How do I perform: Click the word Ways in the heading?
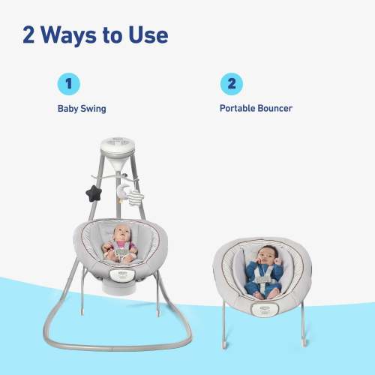coord(68,36)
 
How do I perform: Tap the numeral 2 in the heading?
coord(28,35)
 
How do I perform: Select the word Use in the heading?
coord(148,35)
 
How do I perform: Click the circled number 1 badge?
coord(69,84)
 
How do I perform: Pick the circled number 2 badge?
coord(232,84)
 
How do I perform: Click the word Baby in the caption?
coord(67,109)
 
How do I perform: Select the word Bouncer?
coord(275,108)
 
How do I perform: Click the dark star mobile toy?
coord(94,193)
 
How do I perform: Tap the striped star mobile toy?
coord(136,197)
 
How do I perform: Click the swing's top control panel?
coord(118,145)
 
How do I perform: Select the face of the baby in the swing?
coord(121,234)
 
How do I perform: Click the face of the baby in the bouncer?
coord(268,255)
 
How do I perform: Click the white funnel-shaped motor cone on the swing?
coord(118,162)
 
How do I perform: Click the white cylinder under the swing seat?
coord(119,287)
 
